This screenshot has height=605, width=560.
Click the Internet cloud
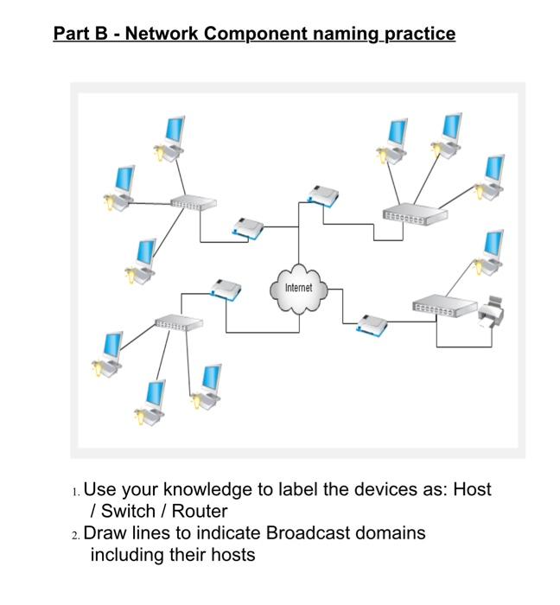pyautogui.click(x=298, y=289)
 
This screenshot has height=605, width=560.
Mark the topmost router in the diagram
pyautogui.click(x=321, y=195)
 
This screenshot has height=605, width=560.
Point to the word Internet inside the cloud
pyautogui.click(x=298, y=287)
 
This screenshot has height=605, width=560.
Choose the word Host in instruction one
pyautogui.click(x=472, y=489)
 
